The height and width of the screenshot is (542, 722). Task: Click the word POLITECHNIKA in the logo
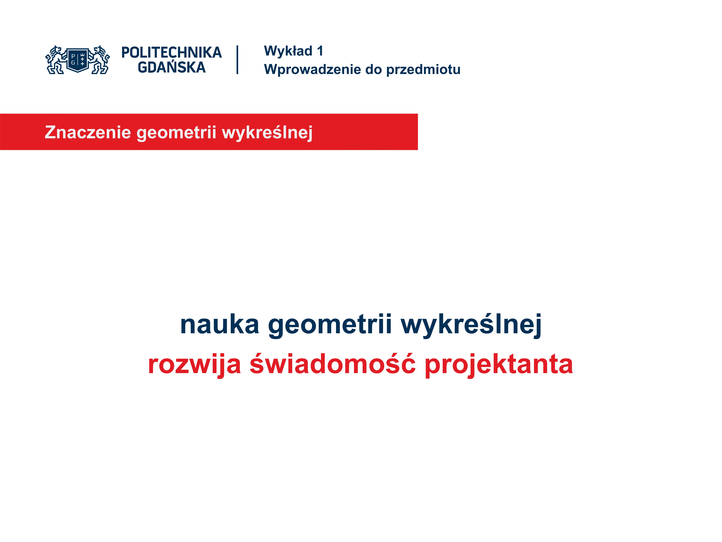[x=171, y=53]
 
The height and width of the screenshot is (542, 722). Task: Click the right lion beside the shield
[x=99, y=60]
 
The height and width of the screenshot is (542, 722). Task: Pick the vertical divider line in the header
[x=237, y=60]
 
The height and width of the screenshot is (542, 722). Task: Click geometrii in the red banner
[x=176, y=133]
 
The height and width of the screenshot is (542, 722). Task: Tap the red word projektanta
[x=499, y=365]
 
